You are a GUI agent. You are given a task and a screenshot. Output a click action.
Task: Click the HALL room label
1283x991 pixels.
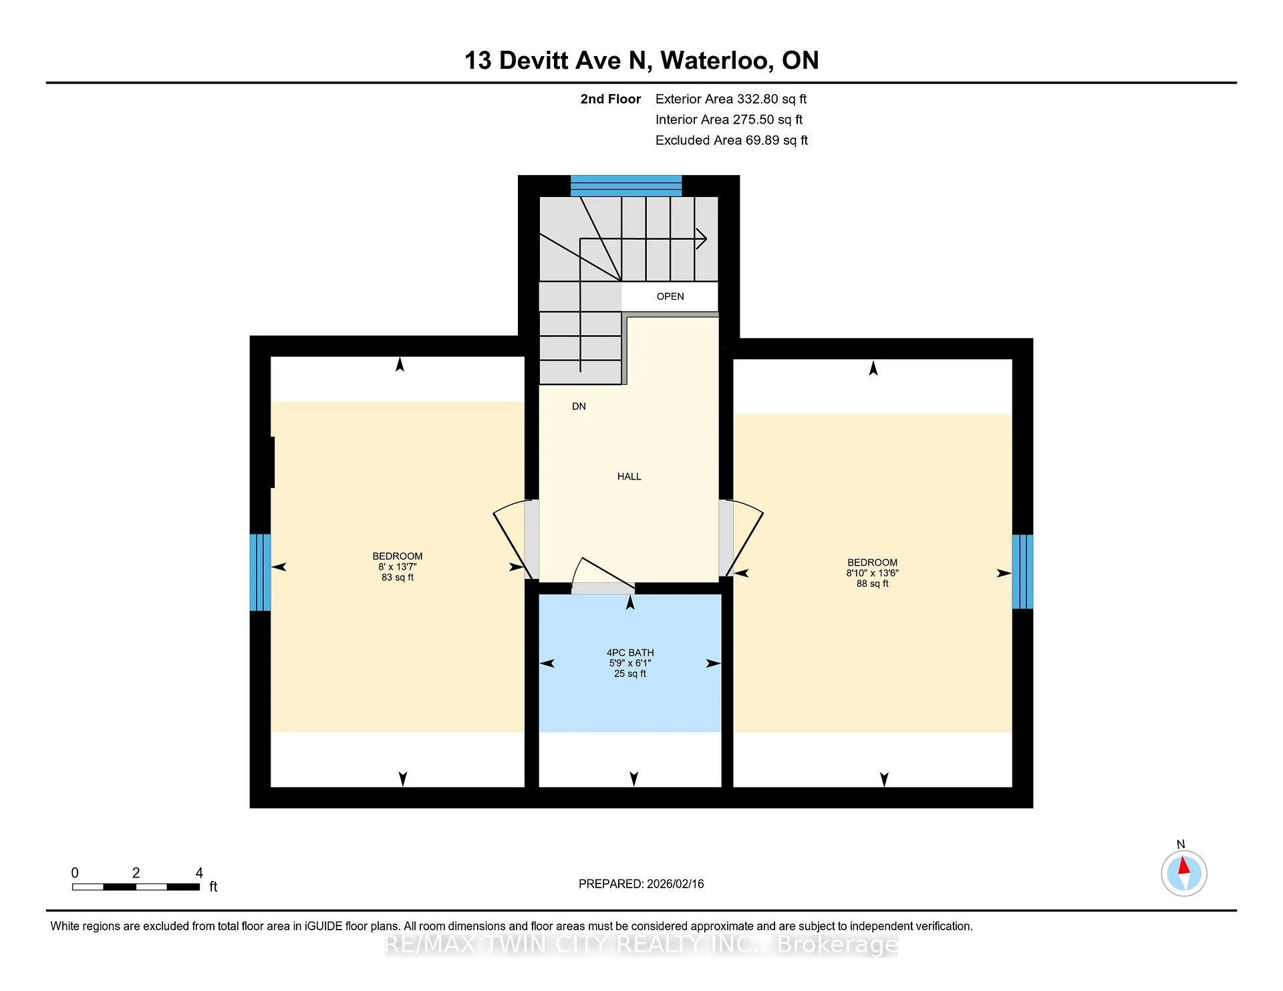coord(629,476)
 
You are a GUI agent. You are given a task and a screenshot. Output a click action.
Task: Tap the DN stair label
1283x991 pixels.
coord(579,406)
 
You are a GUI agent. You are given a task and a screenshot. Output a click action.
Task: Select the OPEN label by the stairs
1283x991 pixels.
coord(670,296)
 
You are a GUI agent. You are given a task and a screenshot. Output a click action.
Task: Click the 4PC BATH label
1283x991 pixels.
coord(630,652)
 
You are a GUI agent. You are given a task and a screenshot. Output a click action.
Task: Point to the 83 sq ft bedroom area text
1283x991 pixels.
coord(398,578)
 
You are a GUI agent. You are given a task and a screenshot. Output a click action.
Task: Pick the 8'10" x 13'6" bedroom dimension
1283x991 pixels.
coord(873,573)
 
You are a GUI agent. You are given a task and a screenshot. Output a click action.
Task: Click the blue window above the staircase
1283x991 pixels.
coord(626,186)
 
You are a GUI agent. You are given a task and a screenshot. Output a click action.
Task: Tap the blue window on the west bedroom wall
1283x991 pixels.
coord(260,572)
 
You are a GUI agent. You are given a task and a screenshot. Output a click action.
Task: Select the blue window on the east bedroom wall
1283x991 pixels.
coord(1022,572)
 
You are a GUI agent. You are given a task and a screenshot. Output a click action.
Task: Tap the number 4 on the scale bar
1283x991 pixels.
coord(199,873)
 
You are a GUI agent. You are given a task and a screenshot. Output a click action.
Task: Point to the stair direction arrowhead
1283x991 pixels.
coord(702,238)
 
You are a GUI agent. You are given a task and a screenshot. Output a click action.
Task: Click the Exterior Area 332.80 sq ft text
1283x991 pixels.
coord(731,99)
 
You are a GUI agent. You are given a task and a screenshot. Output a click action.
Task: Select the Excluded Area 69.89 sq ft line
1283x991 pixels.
coord(732,140)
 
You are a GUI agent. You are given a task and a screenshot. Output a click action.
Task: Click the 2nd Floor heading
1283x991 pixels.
coord(610,99)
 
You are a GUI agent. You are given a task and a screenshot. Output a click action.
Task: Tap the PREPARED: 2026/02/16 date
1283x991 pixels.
coord(641,883)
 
